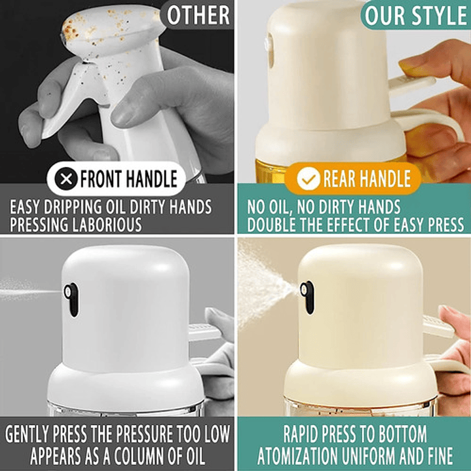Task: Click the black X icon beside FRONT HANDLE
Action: point(66,179)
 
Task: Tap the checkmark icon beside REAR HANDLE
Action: point(309,178)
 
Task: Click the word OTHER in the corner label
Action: point(198,15)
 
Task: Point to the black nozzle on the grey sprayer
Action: point(71,299)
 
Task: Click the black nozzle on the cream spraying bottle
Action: point(307,297)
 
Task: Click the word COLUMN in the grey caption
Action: point(140,456)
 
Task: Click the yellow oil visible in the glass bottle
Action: point(271,171)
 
